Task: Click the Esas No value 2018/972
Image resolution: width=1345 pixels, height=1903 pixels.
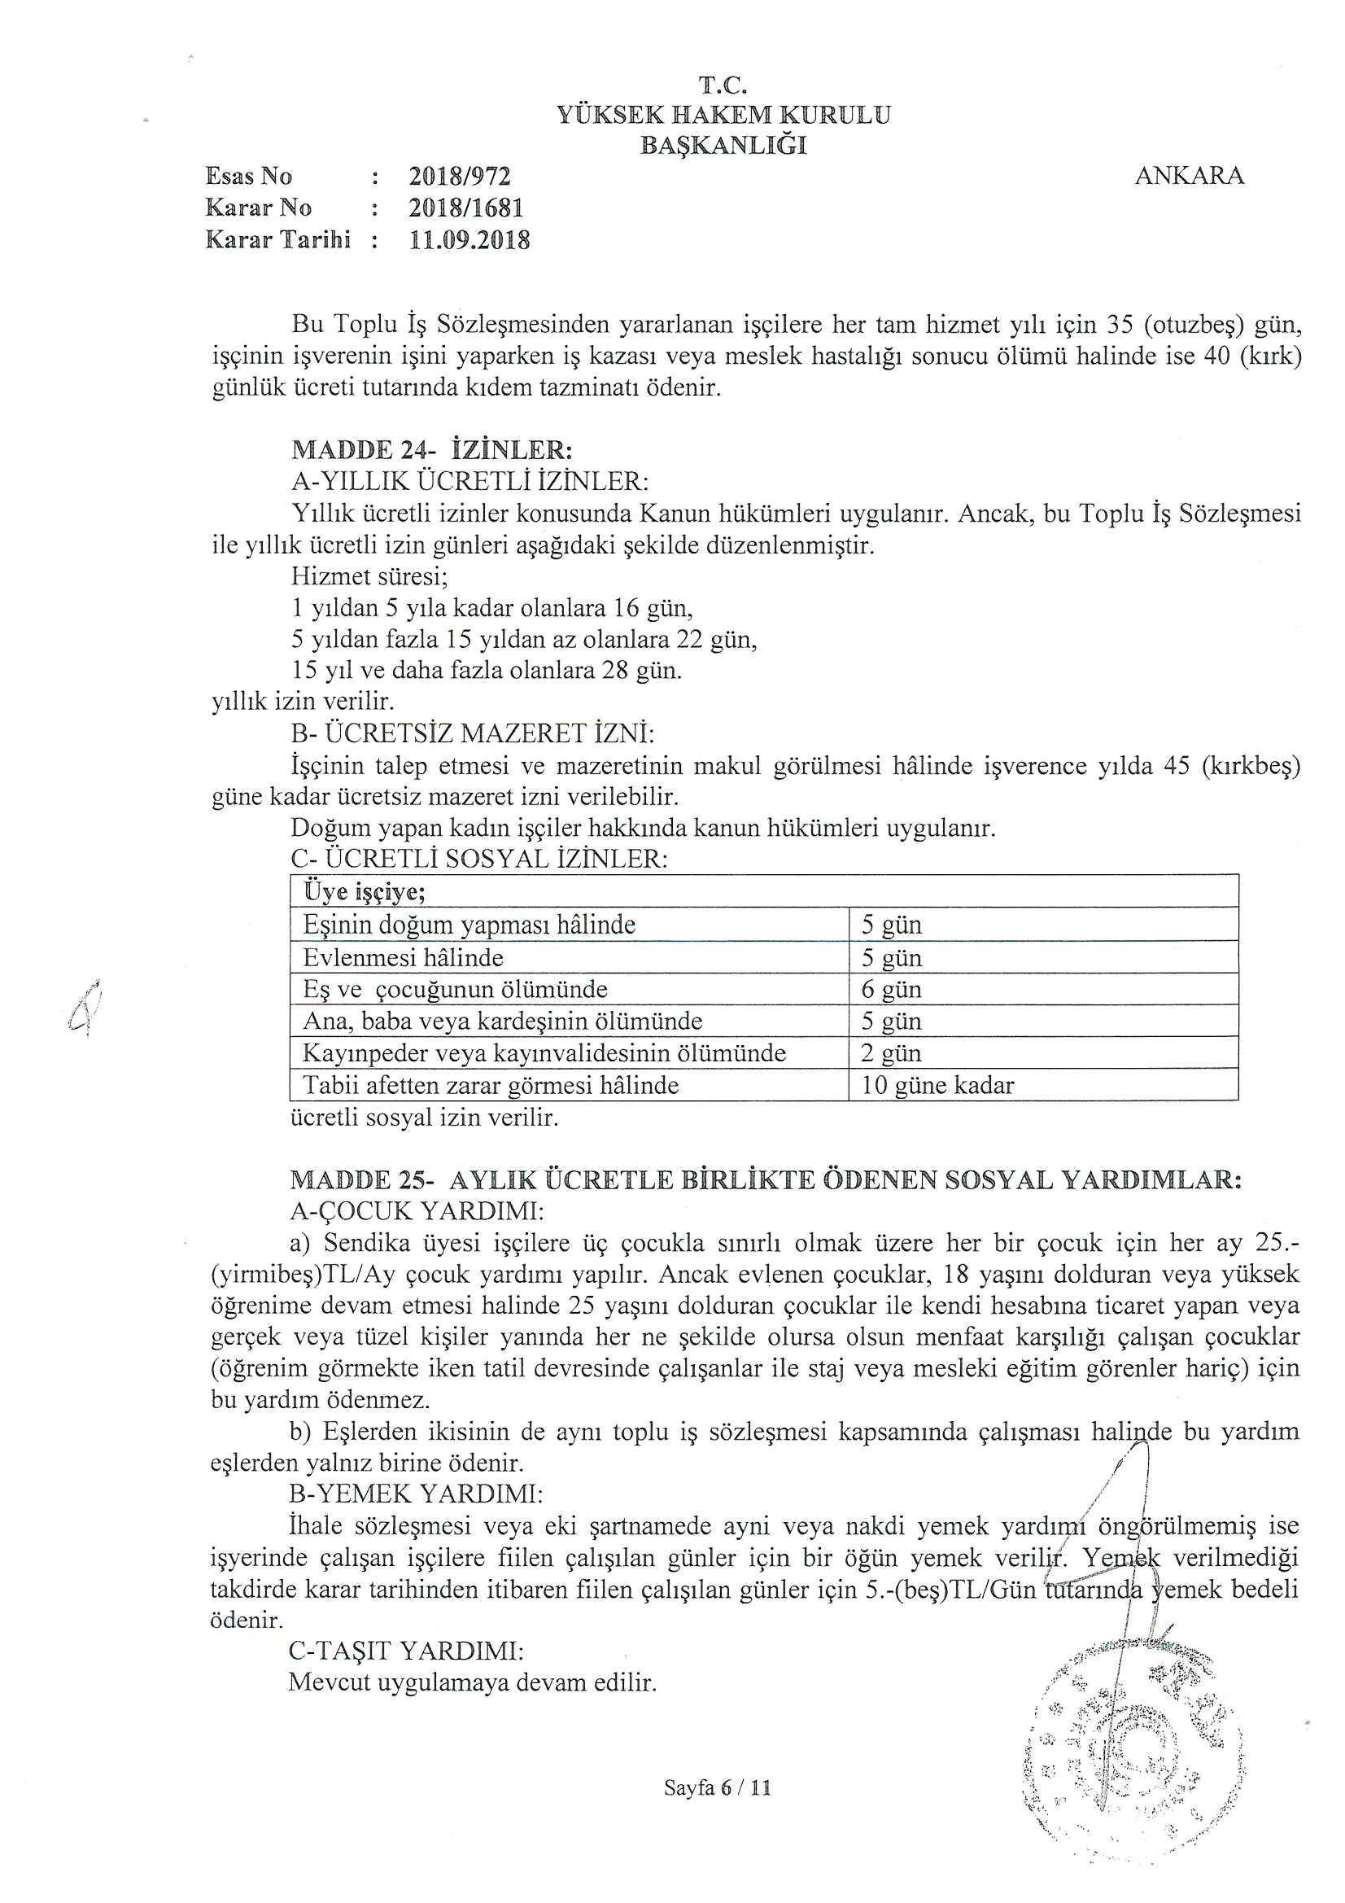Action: coord(459,177)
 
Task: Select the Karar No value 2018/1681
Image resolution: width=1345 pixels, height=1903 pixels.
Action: coord(465,208)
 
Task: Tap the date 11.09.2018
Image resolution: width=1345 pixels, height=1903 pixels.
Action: coord(469,240)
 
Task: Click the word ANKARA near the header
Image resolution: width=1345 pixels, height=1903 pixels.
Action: coord(1189,177)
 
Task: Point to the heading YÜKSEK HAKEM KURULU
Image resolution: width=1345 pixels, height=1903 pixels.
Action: coord(723,115)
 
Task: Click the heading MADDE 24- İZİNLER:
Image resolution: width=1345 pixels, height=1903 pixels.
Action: coord(431,450)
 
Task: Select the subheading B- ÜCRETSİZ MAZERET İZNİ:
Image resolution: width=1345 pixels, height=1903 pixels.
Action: coord(472,733)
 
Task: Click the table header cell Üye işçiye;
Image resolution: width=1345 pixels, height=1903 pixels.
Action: coord(365,892)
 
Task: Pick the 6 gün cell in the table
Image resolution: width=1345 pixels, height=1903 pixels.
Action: coord(891,989)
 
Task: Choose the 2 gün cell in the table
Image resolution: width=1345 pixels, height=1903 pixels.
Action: coord(891,1052)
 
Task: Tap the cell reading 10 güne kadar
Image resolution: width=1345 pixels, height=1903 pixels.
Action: coord(937,1085)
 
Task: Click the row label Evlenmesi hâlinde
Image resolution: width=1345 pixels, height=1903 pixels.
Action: coord(403,957)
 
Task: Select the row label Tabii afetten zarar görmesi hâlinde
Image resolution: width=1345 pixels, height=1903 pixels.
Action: coord(491,1085)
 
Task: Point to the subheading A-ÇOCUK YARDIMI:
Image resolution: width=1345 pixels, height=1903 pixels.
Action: coord(417,1212)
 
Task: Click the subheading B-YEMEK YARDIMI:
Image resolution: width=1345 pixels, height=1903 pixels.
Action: coord(416,1494)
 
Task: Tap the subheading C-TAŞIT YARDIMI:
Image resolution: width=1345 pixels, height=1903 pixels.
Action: coord(406,1651)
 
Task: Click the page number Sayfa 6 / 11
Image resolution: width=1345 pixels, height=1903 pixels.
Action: coord(717,1787)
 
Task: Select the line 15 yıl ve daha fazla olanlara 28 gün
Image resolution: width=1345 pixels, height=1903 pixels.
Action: coord(487,670)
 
